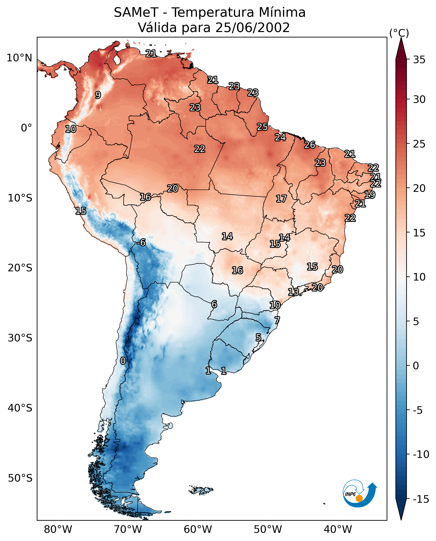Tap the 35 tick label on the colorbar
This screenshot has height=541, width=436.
419,60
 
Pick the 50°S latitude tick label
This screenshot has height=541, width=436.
20,478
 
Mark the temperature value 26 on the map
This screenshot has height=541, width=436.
310,145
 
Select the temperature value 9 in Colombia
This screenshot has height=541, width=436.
98,95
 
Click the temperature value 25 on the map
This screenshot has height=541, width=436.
262,127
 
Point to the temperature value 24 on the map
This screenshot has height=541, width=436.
280,137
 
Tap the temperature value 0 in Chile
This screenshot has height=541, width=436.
123,361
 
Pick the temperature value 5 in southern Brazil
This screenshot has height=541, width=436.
258,337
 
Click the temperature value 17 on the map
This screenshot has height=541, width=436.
281,199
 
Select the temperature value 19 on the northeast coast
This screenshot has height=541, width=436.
370,195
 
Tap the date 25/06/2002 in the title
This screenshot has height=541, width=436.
252,27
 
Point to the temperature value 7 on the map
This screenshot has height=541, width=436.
277,320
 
